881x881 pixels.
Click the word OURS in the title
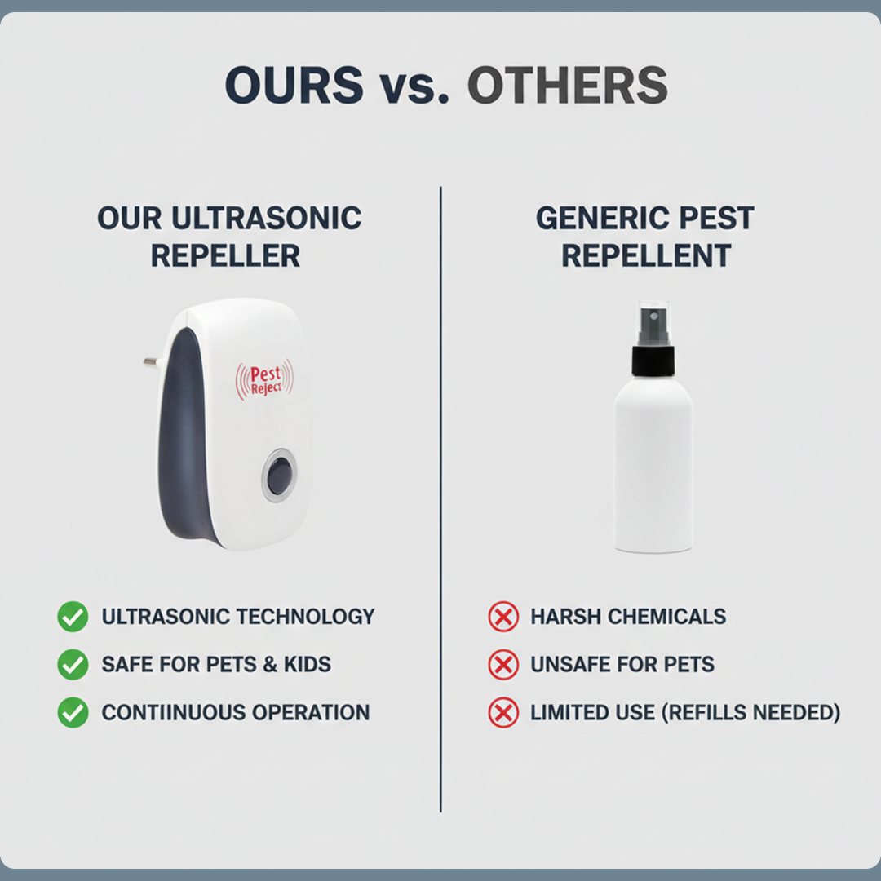294,85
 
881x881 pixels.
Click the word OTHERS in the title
567,85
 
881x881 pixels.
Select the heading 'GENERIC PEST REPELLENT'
644,237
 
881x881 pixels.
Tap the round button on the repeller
279,475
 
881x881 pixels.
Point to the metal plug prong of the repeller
152,361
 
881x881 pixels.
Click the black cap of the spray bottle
653,360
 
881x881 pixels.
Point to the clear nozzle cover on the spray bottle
653,323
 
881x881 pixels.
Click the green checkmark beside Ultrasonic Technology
73,617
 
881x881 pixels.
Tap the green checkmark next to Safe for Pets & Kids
73,665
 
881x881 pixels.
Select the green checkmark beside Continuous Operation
73,713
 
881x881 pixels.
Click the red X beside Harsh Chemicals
503,617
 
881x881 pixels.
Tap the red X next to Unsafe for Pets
503,665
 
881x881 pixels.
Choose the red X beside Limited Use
503,713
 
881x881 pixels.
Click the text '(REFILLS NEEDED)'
750,713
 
